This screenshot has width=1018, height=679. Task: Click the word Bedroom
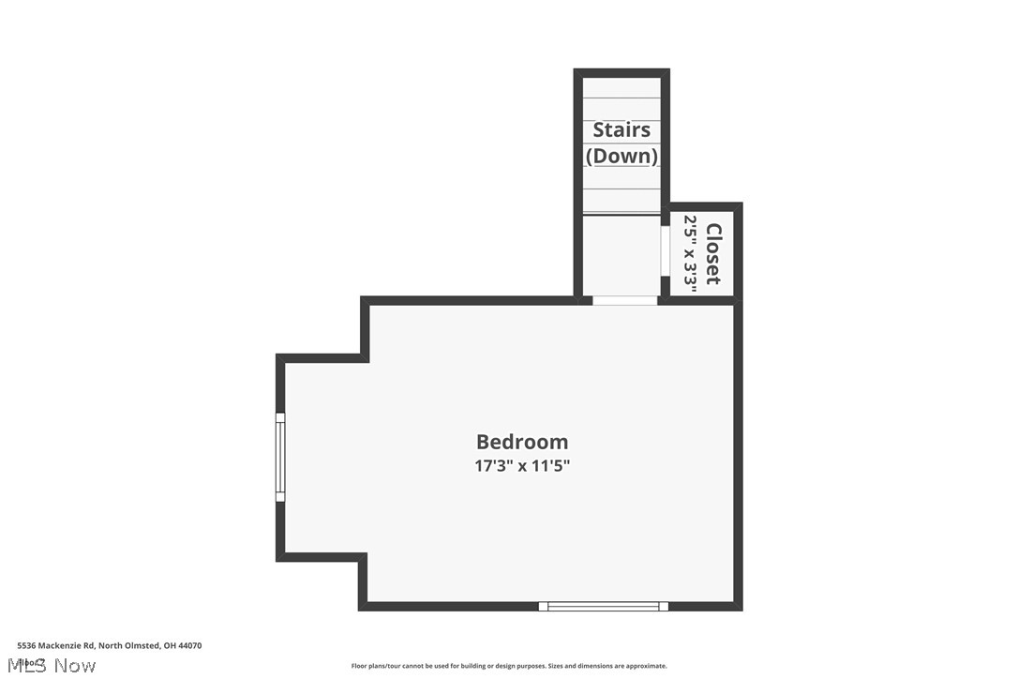522,442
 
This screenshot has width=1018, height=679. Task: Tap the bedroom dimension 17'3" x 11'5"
522,465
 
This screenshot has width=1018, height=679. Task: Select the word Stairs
621,129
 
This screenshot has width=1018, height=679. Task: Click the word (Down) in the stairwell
621,156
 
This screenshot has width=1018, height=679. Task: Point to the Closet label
713,253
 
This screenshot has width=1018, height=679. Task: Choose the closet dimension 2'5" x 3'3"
691,253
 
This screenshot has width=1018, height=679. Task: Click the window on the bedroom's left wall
279,457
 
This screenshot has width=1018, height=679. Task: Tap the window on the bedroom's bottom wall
603,606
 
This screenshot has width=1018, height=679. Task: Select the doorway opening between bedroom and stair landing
624,300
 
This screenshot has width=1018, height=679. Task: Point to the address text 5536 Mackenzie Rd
55,645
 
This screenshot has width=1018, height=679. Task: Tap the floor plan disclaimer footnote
509,666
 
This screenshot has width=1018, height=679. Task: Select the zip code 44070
189,645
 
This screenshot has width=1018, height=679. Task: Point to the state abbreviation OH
169,645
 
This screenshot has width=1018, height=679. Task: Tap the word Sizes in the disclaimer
558,666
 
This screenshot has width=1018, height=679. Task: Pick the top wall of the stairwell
621,72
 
